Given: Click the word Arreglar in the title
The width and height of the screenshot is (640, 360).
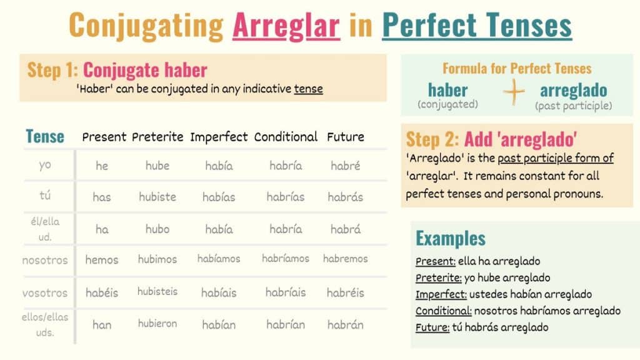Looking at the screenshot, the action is pos(286,25).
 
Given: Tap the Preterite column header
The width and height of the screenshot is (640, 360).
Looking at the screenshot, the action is pos(157,137).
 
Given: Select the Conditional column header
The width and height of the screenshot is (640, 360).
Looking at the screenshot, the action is pos(286,137).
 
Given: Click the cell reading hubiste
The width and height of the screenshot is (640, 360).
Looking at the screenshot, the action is pos(157,197).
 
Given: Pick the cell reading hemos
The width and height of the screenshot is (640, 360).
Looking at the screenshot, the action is pos(102,259).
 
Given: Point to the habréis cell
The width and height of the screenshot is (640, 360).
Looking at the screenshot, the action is pos(345,292).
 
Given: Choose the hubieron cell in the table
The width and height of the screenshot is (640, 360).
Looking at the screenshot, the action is pos(157,324).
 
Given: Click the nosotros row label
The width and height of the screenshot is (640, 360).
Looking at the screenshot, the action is pos(45,261).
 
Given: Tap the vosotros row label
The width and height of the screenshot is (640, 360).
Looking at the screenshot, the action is pos(45,293).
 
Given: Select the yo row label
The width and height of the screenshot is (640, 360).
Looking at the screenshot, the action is pos(45,165).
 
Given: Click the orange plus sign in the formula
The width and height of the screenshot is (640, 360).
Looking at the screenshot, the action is pos(514,91).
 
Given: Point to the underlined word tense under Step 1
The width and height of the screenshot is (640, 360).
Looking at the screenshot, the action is pos(309,89).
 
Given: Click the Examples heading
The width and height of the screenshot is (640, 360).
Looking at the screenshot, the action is pos(451,238).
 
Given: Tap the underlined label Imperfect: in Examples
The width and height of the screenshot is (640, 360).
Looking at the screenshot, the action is pos(441,294).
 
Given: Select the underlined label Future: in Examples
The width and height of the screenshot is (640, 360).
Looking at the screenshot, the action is pos(432,327).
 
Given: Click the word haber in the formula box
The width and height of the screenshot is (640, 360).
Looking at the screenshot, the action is pos(447,90).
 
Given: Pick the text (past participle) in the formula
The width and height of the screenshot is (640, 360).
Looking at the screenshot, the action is pos(574,106).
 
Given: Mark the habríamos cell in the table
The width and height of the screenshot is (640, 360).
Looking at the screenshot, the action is pos(286,258).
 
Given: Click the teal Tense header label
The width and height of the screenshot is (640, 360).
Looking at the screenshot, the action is pos(45,136).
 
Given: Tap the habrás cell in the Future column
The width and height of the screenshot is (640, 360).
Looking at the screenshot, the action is pos(345,197).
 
